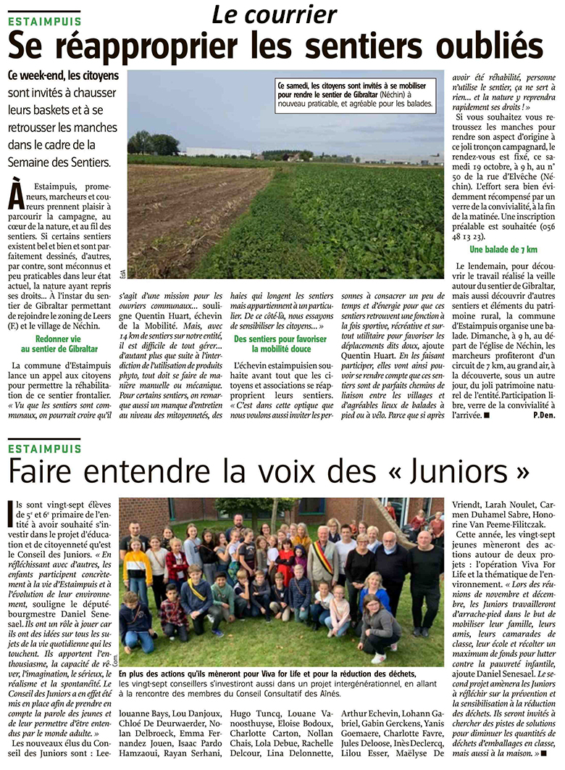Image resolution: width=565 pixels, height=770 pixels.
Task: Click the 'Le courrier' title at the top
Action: [x=274, y=14]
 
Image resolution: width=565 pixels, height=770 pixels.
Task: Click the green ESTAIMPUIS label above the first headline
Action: [x=44, y=22]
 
